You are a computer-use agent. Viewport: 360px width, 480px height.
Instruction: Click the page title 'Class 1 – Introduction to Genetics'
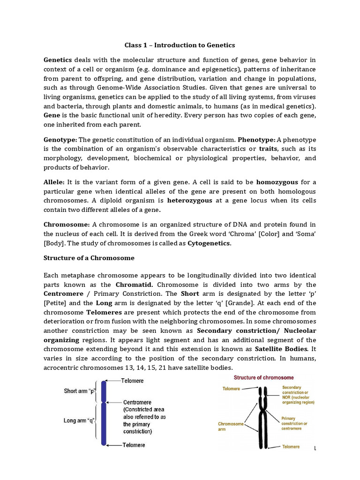point(180,45)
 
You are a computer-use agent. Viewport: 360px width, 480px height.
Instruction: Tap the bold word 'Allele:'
point(54,182)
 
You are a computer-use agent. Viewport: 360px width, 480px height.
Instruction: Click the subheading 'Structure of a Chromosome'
point(89,258)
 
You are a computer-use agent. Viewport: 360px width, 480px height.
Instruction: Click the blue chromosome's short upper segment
point(104,392)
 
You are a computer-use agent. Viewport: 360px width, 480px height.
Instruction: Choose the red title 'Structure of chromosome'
point(264,377)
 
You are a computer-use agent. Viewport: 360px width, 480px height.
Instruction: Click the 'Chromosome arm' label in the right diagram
point(231,427)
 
